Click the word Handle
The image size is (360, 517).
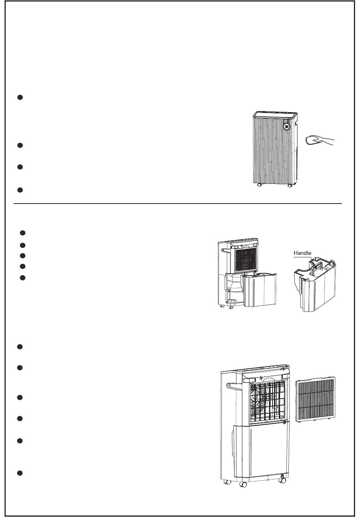pyautogui.click(x=302, y=253)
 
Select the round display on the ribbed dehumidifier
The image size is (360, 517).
pyautogui.click(x=286, y=127)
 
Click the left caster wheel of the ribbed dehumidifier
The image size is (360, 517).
pyautogui.click(x=260, y=185)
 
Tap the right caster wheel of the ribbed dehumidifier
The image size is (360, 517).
pyautogui.click(x=290, y=185)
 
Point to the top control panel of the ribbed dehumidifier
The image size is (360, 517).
pyautogui.click(x=275, y=114)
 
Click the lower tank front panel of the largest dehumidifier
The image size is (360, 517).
pyautogui.click(x=261, y=451)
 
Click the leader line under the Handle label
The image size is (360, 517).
pyautogui.click(x=308, y=257)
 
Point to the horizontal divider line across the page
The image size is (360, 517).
pyautogui.click(x=178, y=204)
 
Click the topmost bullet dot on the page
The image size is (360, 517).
pyautogui.click(x=21, y=97)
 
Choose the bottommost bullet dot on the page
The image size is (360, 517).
pyautogui.click(x=21, y=473)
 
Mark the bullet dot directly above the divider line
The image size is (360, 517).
pyautogui.click(x=21, y=190)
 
